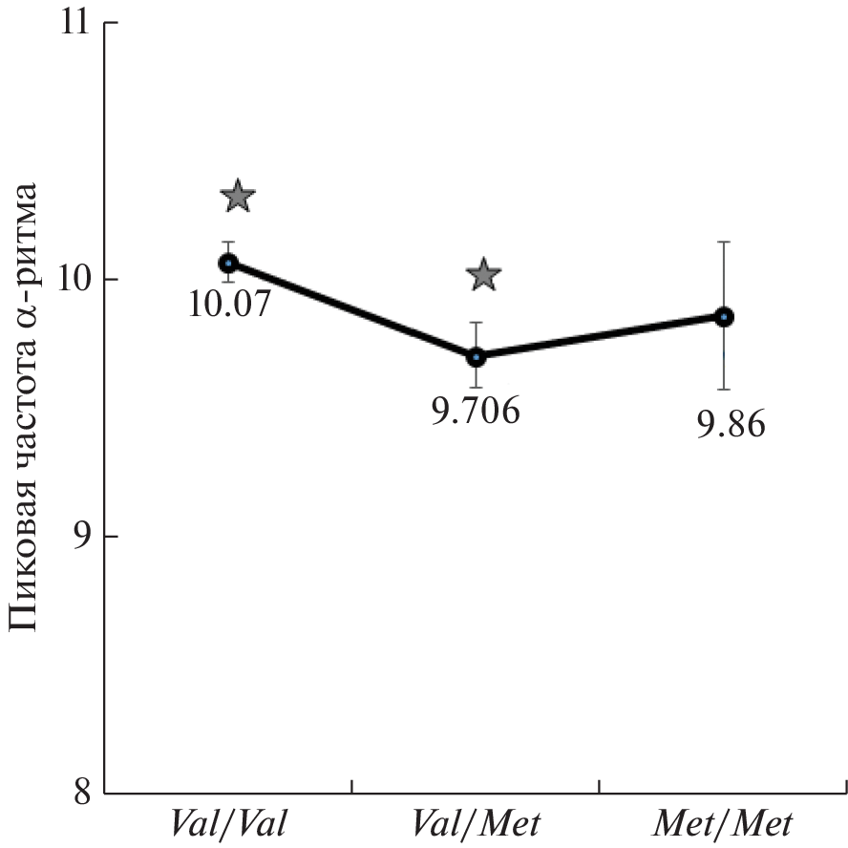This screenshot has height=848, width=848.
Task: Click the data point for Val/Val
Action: click(x=228, y=263)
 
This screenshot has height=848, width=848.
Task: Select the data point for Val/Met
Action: click(x=477, y=357)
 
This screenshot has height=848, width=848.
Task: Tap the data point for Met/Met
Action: click(x=725, y=317)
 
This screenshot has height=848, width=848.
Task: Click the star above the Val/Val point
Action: click(x=238, y=198)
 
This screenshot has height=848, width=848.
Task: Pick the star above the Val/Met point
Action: click(x=484, y=275)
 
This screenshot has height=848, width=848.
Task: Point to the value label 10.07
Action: click(x=230, y=305)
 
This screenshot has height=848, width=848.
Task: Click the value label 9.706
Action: click(x=475, y=413)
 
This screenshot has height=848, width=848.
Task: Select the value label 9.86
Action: click(x=730, y=423)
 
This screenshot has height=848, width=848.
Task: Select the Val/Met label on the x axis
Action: click(x=477, y=822)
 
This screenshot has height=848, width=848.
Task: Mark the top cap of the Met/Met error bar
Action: click(x=725, y=243)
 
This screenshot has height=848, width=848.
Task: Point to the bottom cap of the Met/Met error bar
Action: click(x=725, y=390)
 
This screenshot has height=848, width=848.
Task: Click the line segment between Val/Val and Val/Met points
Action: click(x=352, y=310)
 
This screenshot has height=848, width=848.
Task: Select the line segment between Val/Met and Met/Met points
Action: click(x=601, y=337)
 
